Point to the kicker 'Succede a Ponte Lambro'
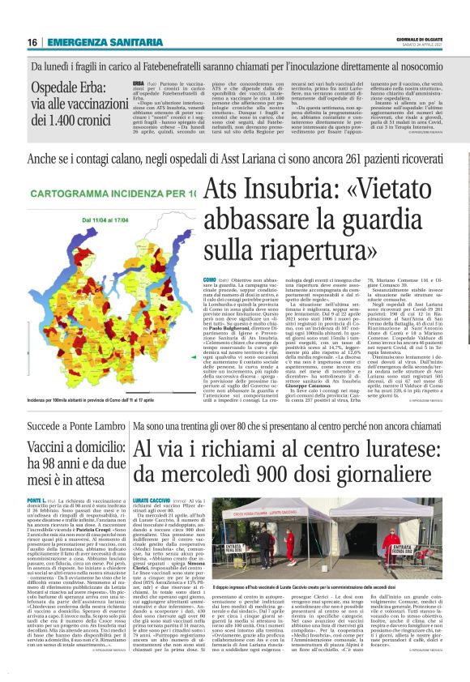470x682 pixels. [77, 424]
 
